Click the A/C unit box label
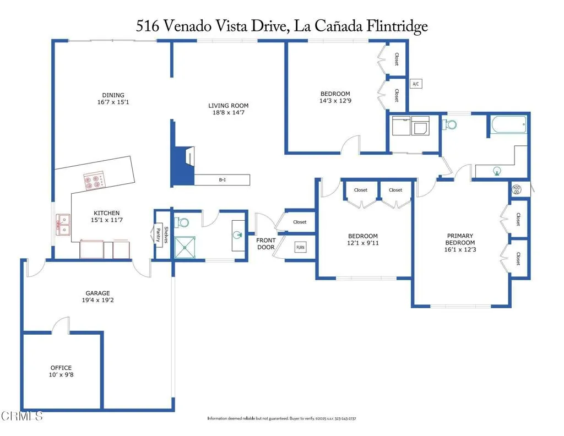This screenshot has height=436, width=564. tap(416, 84)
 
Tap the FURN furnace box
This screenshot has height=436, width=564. tap(301, 248)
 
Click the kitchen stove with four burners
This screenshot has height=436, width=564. tap(94, 181)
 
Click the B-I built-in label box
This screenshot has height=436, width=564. tap(223, 179)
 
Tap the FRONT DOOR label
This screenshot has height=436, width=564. tap(266, 244)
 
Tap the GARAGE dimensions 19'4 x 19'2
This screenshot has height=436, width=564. tap(97, 301)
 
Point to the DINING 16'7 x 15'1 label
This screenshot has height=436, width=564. tap(113, 99)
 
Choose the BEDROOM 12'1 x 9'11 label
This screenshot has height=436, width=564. tap(363, 239)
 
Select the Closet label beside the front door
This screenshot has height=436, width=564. tap(300, 222)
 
